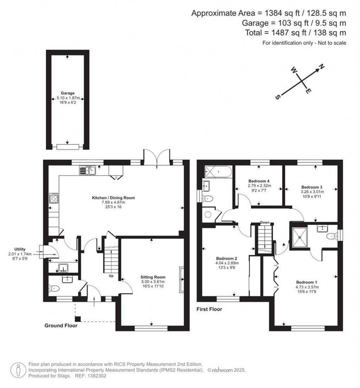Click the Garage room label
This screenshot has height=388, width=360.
pos(67,93)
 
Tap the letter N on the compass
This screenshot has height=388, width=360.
pos(321,66)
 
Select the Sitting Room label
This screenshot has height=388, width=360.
pos(153,277)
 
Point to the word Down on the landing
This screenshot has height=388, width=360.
pos(265,222)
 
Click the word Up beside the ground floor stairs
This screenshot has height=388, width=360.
pos(111,276)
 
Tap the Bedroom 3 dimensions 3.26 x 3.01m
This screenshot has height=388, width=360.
pos(312,192)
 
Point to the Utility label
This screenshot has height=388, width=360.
pos(20,249)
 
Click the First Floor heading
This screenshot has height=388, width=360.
pos(210,310)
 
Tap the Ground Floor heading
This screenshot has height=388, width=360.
pos(61,326)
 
